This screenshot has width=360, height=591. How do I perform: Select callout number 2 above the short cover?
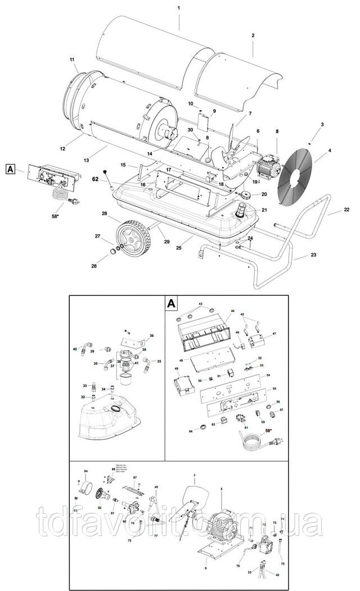(x=253, y=35)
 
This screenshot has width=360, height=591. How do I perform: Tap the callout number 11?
(x=73, y=60)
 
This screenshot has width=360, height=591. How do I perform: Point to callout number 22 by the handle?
(x=346, y=210)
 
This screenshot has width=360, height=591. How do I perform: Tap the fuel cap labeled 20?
(x=246, y=195)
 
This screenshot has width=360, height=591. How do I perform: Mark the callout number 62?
(x=96, y=179)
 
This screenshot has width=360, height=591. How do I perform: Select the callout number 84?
(x=86, y=471)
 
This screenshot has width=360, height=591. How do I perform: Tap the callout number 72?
(x=263, y=524)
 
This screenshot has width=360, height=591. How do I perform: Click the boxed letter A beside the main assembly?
(x=11, y=168)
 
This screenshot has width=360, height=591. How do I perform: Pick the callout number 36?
(x=151, y=336)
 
